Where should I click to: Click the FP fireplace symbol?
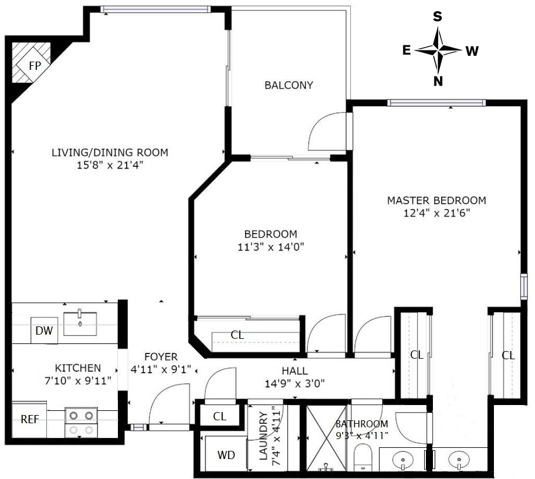[35, 65]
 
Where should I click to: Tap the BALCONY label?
[289, 85]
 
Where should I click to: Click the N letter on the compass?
[438, 82]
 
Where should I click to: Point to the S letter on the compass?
[438, 16]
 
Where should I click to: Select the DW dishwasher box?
[44, 331]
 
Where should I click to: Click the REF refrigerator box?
[29, 419]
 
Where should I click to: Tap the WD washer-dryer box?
[226, 455]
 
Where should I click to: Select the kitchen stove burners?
[81, 423]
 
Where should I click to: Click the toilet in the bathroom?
[364, 457]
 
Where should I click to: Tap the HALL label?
[294, 371]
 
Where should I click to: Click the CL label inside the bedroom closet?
[237, 335]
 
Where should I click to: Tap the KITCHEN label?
[77, 368]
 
